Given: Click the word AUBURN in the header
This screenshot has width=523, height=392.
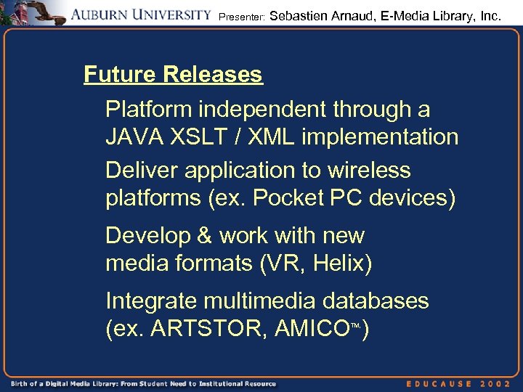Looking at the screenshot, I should click(x=104, y=14).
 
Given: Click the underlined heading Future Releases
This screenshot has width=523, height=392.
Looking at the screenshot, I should click(x=173, y=74).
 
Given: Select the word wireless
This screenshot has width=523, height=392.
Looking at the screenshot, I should click(x=368, y=170).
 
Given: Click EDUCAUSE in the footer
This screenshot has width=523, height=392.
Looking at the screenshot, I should click(x=441, y=383).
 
